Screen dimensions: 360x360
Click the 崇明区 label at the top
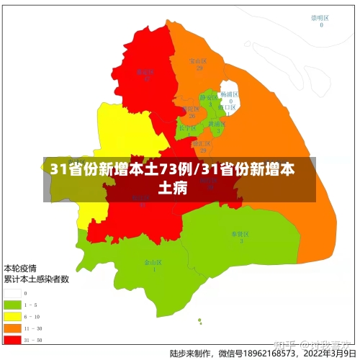[320, 17]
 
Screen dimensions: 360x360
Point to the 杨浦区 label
[230, 94]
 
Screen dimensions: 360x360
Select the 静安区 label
[207, 97]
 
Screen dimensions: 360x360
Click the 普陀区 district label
[191, 109]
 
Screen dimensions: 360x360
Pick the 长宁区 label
[188, 127]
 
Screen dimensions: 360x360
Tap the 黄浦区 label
[216, 124]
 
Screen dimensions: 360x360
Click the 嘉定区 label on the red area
[145, 71]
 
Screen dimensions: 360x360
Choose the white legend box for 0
[12, 293]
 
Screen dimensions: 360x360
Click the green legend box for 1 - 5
[12, 305]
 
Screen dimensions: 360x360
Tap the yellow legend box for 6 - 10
[12, 316]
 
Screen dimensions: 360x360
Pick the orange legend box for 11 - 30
[12, 328]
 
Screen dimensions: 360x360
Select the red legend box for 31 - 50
[12, 339]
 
